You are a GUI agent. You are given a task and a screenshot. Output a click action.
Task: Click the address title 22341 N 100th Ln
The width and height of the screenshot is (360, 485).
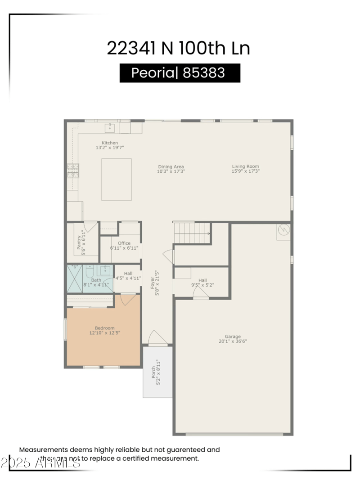coord(178,48)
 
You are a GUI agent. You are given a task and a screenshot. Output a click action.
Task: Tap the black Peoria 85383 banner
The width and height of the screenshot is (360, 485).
coord(180,73)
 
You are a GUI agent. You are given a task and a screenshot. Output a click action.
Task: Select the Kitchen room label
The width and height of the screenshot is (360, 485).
coord(109,143)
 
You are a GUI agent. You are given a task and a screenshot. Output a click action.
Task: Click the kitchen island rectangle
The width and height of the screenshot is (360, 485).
coord(116,179)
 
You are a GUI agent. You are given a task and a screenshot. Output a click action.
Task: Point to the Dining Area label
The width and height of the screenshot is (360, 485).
coord(171,167)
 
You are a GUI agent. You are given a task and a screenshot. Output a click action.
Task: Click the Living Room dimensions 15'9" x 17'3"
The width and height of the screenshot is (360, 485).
coord(245,171)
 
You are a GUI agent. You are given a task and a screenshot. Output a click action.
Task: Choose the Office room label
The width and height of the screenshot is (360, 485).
coord(124,243)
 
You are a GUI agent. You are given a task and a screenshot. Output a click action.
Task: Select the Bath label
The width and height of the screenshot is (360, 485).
coord(96,280)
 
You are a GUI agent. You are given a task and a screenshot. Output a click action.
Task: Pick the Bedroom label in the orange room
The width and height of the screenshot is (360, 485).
coord(104,328)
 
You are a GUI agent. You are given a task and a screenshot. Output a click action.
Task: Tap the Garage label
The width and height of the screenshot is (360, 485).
coord(233,337)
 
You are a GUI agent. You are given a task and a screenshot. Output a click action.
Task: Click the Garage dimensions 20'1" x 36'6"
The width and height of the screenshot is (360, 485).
coord(233,341)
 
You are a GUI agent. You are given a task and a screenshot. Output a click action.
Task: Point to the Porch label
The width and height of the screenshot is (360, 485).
coord(153,372)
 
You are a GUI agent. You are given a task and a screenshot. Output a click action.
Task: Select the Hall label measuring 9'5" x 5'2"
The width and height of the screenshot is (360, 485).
coord(202,280)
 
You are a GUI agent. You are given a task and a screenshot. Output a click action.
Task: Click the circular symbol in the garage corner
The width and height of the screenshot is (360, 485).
coord(283,230)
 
